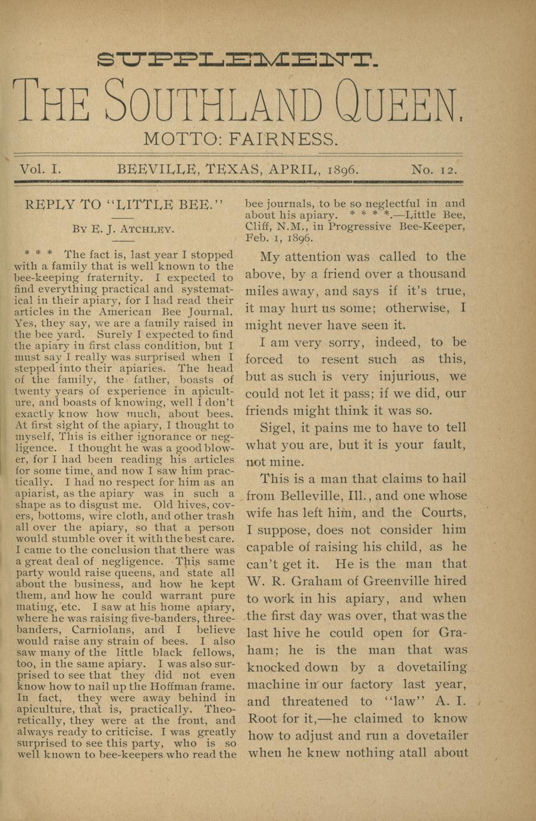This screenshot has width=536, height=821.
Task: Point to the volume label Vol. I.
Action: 40,170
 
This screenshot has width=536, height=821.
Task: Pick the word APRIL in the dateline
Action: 294,170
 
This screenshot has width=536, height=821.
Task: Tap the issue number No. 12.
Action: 435,170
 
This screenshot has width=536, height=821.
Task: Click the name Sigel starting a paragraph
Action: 277,428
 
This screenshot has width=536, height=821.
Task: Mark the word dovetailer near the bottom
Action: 437,735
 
